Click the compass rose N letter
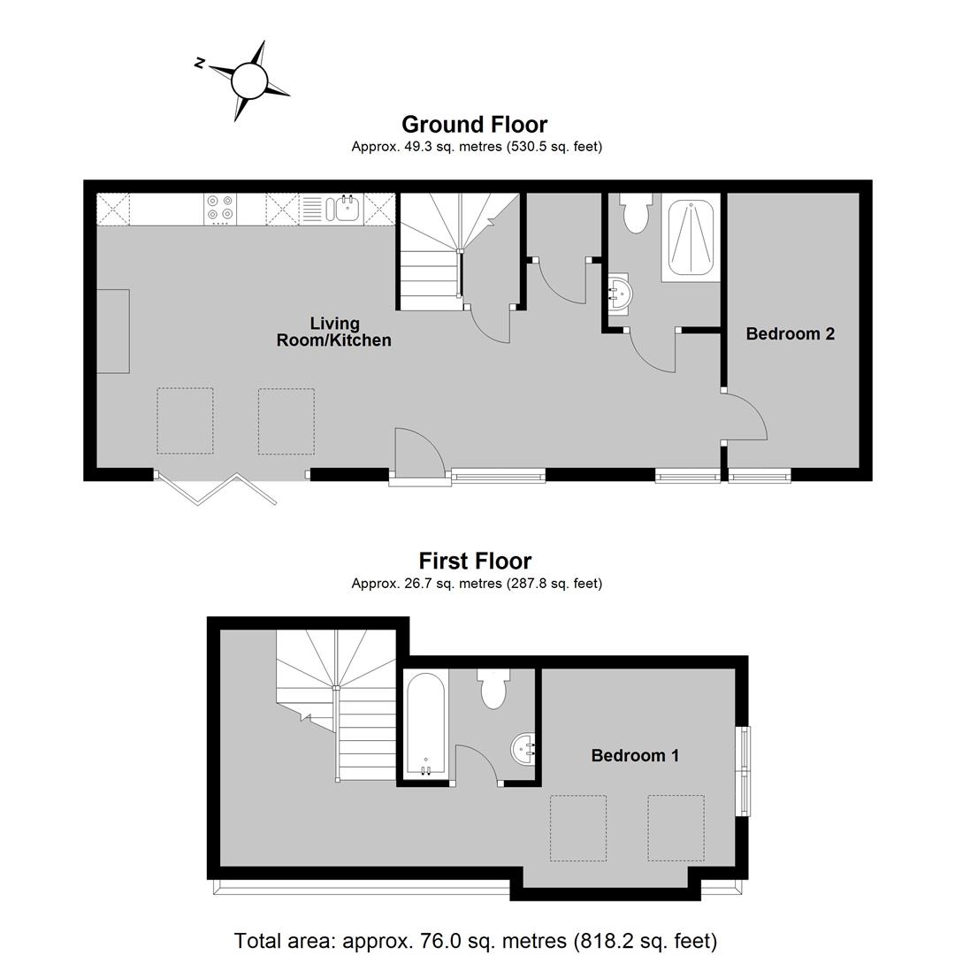[x=199, y=63]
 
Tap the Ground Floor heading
[x=475, y=125]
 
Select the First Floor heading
[x=475, y=561]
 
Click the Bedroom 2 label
[x=790, y=333]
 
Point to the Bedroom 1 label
[x=635, y=756]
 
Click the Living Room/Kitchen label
[x=333, y=332]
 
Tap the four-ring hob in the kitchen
[x=220, y=209]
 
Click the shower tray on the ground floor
[x=691, y=238]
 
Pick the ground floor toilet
[x=636, y=213]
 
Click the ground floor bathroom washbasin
[x=620, y=294]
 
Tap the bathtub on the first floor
[x=425, y=723]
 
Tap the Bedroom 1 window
[x=745, y=770]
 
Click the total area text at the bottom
[x=476, y=941]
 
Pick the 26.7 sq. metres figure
[x=453, y=584]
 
